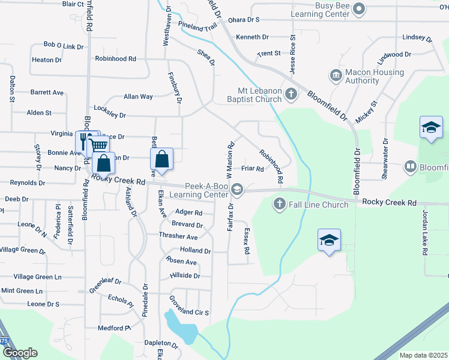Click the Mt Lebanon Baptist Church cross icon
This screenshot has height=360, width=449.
[x=291, y=94]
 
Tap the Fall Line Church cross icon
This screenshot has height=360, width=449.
[x=279, y=204]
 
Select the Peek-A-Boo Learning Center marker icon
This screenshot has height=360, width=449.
[x=237, y=190]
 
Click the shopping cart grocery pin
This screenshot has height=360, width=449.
[x=98, y=146]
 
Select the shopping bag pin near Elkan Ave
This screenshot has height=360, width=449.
[x=161, y=159]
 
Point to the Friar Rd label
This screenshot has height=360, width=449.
[x=253, y=169]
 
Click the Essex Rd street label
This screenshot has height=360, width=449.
[x=247, y=241]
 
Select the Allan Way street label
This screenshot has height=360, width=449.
[x=138, y=96]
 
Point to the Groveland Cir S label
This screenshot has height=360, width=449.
[x=188, y=313]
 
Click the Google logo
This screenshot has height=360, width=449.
[x=20, y=353]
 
